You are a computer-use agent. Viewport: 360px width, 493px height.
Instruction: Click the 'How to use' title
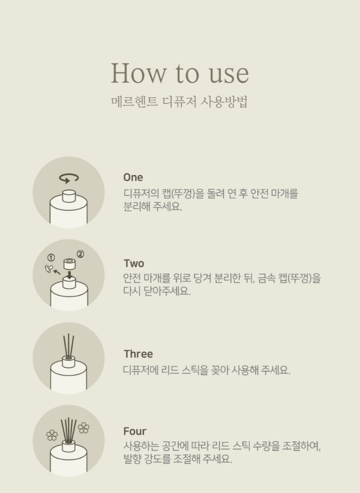click(180, 73)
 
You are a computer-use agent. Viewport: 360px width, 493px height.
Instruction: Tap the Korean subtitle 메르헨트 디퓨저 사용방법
click(179, 102)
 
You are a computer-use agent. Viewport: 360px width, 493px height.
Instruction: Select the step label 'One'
click(133, 178)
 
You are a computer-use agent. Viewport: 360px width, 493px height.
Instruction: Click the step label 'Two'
click(134, 263)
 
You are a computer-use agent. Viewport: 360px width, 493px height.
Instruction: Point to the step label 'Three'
click(138, 354)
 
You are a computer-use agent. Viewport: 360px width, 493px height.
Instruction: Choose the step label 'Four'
click(135, 431)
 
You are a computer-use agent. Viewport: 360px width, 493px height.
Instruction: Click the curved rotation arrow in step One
click(69, 178)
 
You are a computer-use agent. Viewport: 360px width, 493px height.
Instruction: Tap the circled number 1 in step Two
click(51, 257)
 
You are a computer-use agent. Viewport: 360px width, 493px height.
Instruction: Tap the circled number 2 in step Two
click(80, 254)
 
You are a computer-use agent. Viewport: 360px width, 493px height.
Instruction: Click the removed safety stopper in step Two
click(49, 269)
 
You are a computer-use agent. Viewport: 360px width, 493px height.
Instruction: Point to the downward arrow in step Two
click(70, 275)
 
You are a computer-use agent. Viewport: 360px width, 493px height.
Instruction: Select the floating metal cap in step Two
click(70, 264)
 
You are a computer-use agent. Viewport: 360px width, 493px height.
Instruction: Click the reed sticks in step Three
click(68, 346)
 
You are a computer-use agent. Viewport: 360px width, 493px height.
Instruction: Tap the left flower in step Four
click(52, 435)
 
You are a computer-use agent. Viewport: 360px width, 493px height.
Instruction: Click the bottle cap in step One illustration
click(69, 196)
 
